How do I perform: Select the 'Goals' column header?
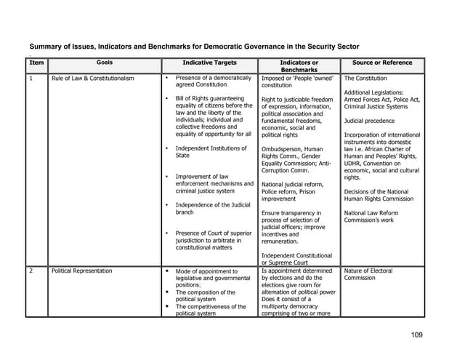click(x=104, y=63)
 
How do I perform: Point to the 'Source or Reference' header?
click(x=381, y=63)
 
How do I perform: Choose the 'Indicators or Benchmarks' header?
click(x=299, y=67)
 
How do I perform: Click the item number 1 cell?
click(x=31, y=79)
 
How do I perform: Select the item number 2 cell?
click(x=31, y=271)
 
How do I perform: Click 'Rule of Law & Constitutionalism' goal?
click(x=92, y=79)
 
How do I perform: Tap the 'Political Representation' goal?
click(x=81, y=271)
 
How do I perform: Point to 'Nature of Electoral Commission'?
click(x=368, y=274)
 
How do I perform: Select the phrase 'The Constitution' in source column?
click(x=365, y=79)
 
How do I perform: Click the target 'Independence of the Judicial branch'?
click(x=212, y=208)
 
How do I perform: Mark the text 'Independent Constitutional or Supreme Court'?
click(x=296, y=259)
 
